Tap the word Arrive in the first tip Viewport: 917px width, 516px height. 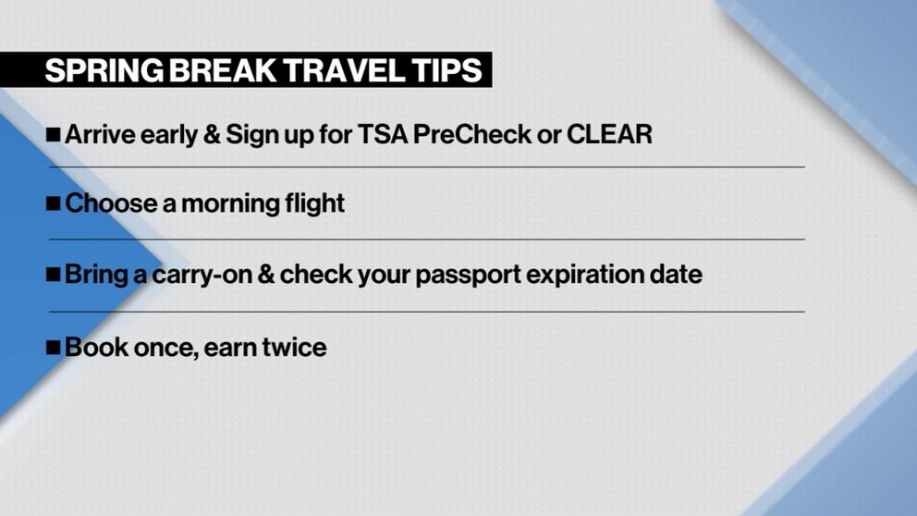click(101, 134)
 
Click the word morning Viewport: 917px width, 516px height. click(225, 203)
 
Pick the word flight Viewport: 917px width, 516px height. click(311, 204)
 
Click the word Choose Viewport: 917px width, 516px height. click(111, 203)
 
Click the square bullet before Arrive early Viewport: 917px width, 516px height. click(53, 135)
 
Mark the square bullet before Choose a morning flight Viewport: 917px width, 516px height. click(53, 204)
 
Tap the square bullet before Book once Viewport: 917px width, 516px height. click(53, 349)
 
